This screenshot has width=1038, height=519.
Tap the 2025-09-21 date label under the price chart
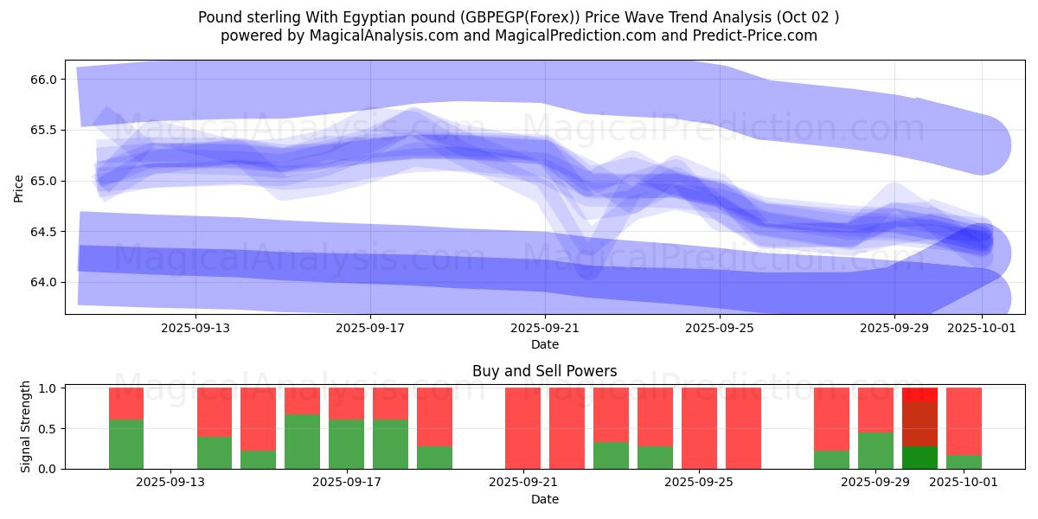coord(545,328)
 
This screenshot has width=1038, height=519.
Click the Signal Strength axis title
coord(26,426)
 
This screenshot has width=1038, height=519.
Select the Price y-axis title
coord(19,187)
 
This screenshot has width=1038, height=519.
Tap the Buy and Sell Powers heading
coord(544,371)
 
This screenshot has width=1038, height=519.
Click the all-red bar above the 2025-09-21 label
coord(522,428)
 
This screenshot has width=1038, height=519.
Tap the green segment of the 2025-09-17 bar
coord(346,444)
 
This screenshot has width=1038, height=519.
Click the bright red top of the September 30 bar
coord(919,394)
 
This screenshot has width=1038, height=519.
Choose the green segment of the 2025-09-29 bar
coord(875,451)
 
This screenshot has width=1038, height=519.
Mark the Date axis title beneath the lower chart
coord(544,499)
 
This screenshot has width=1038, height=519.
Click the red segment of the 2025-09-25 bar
coord(699,428)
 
